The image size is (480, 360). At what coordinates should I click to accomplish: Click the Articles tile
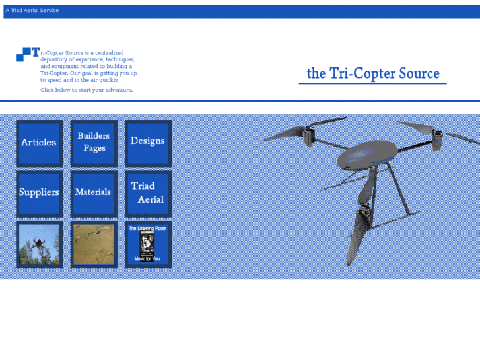click(39, 143)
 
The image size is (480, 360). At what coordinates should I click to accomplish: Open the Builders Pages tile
click(94, 143)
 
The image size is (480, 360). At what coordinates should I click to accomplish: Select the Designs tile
click(148, 141)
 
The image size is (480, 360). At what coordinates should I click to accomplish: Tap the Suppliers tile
click(39, 193)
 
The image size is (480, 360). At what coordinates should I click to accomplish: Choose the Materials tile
click(94, 193)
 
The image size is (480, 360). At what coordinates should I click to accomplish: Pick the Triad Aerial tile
click(148, 193)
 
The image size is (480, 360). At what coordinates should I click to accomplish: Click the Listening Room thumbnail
click(148, 244)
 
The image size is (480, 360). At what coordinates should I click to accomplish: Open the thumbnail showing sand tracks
click(94, 244)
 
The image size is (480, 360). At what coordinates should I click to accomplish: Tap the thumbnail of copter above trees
click(39, 244)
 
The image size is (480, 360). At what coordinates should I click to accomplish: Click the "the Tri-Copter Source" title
click(373, 73)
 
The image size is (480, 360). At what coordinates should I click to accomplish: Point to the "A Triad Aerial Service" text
click(32, 11)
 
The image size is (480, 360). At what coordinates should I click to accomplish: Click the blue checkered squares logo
click(24, 54)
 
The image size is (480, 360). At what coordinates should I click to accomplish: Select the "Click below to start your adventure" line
click(86, 90)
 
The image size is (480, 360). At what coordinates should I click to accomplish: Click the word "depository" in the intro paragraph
click(56, 59)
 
